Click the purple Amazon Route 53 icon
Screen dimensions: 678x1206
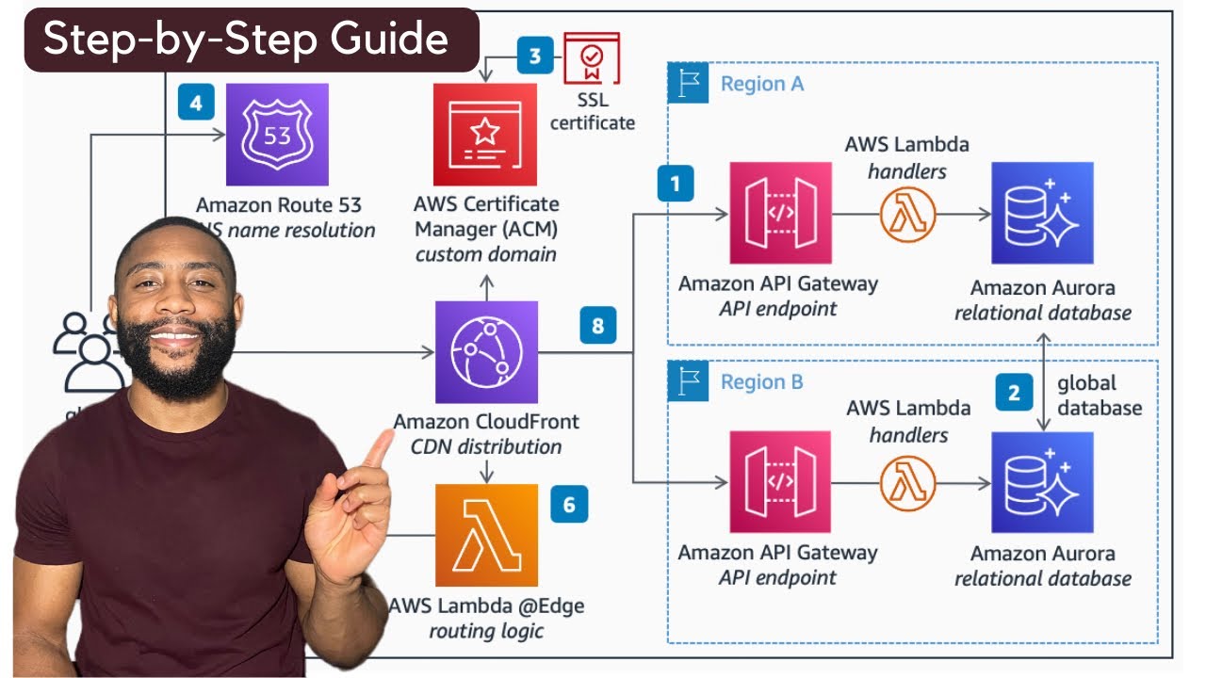click(277, 135)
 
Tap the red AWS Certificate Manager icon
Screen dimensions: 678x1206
click(484, 135)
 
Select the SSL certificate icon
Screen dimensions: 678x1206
click(592, 59)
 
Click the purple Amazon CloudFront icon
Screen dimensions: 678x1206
click(486, 352)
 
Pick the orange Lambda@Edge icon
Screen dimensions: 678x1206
click(486, 535)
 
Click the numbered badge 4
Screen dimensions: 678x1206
click(196, 103)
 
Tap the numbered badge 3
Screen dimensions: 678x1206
click(535, 56)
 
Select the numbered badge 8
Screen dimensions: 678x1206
click(597, 327)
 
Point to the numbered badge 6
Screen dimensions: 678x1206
click(569, 505)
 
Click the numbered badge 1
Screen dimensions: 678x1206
click(676, 184)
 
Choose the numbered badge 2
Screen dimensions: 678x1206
click(1014, 393)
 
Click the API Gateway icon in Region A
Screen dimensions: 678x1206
click(780, 213)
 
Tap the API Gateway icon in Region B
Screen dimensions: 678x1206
click(780, 482)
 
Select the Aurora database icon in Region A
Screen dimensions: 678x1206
click(1042, 213)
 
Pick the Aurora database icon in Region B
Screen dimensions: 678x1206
click(1042, 482)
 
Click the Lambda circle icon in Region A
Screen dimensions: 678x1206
click(907, 215)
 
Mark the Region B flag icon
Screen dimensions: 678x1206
click(689, 382)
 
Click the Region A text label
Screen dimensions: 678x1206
click(762, 84)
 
